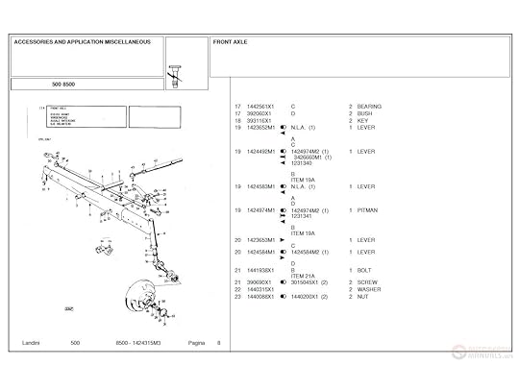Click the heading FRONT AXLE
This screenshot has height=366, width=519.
coord(232,43)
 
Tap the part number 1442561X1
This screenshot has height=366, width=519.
coord(260,106)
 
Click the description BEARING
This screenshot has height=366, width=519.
coord(369,106)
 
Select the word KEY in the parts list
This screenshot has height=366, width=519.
coord(363,120)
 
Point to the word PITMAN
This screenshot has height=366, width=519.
coord(367,209)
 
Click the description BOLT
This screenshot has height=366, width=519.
coord(364,270)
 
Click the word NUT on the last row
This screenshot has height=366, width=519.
coord(362,297)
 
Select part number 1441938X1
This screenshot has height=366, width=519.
coord(260,270)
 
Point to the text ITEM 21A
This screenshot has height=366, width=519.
coord(304,276)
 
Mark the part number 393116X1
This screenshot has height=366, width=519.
coord(259,120)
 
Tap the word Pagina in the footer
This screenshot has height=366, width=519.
coord(198,343)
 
